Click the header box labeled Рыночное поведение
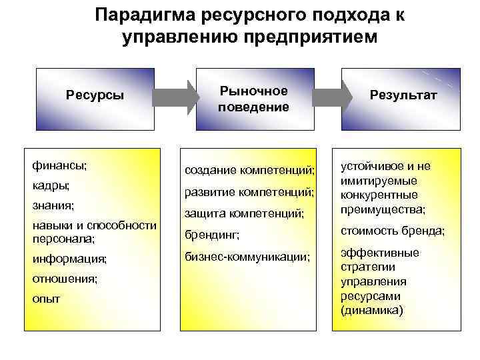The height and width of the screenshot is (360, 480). pyautogui.click(x=253, y=99)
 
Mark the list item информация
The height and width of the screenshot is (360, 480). pyautogui.click(x=69, y=259)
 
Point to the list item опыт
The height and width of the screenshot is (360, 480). pyautogui.click(x=46, y=299)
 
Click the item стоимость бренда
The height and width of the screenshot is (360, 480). pyautogui.click(x=393, y=231)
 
